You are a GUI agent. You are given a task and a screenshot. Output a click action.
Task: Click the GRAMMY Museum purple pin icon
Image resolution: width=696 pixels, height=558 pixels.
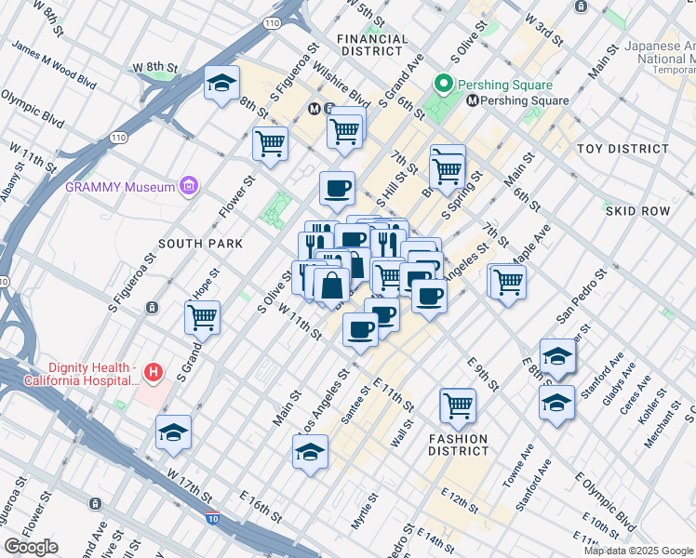[x=190, y=187]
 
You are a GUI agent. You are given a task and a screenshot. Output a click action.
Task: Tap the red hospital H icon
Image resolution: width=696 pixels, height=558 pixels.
[x=154, y=374]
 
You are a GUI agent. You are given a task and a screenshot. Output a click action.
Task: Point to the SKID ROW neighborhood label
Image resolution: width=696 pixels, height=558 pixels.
[x=637, y=211]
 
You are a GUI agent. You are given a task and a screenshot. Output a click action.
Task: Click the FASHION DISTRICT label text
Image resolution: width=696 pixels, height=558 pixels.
[x=458, y=445]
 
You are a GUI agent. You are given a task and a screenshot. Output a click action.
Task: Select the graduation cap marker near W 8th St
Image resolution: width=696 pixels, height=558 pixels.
[x=221, y=84]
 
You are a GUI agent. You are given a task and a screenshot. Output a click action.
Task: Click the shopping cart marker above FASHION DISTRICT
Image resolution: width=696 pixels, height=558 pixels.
[x=458, y=404]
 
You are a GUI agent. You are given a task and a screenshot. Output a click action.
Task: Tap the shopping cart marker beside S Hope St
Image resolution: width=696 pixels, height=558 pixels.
[x=202, y=317]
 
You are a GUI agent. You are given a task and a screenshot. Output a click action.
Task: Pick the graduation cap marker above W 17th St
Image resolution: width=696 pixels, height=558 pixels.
[x=173, y=432]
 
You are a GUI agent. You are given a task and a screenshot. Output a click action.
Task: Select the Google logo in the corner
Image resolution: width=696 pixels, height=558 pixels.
[x=32, y=547]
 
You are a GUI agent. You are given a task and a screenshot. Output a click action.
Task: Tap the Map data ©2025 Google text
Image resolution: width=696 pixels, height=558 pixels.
[x=637, y=551]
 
